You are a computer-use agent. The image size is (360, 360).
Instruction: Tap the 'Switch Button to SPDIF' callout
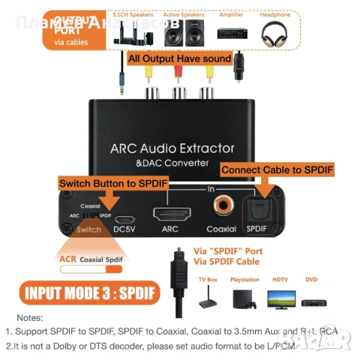[x=112, y=182]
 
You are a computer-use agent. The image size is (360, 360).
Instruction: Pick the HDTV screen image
[x=280, y=298]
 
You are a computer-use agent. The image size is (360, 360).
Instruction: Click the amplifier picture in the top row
[x=232, y=32]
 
